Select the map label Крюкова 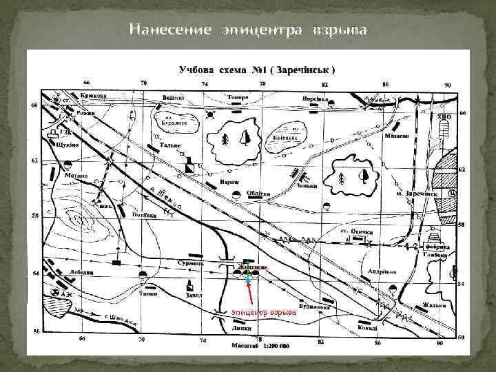point(94,96)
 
